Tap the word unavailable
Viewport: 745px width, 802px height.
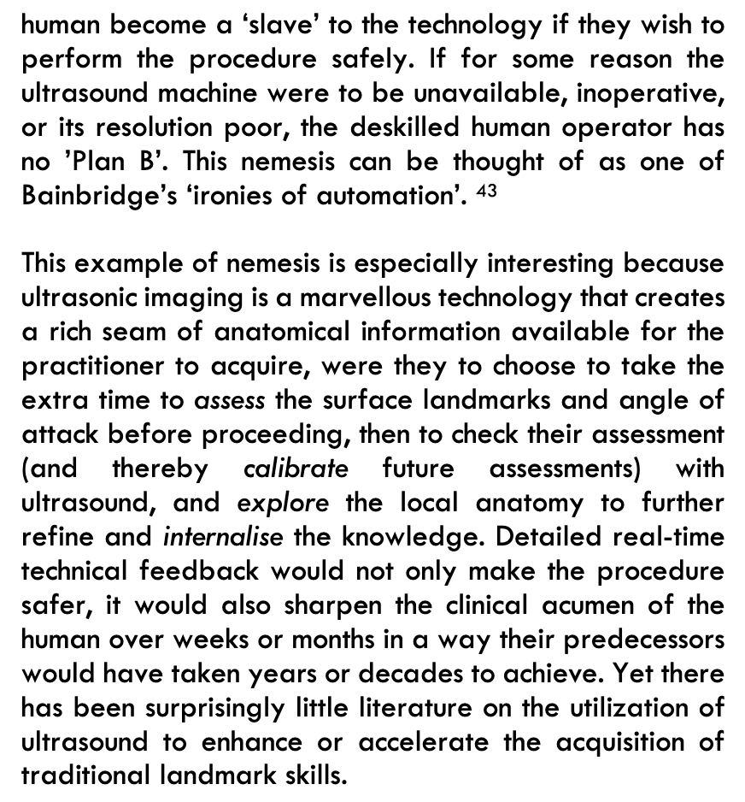[x=472, y=93]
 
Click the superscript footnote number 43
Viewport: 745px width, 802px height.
[x=486, y=191]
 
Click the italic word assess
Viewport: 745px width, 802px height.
[x=230, y=400]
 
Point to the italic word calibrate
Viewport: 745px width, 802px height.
[x=296, y=469]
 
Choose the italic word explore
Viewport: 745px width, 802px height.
[x=282, y=503]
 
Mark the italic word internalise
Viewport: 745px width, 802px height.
[x=222, y=537]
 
